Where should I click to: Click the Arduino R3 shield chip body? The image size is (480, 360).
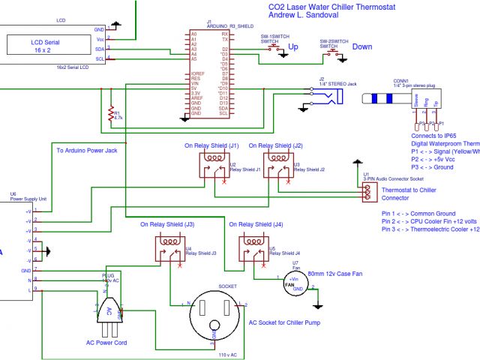(209, 75)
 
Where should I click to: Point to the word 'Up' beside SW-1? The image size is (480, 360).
(293, 46)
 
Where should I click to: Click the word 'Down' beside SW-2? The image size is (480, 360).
(362, 46)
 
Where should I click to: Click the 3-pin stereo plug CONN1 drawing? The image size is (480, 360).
(405, 100)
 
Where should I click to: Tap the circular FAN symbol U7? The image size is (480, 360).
(289, 284)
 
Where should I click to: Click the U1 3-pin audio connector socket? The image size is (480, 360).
(367, 193)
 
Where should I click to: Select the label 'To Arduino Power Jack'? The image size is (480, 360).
(87, 151)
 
